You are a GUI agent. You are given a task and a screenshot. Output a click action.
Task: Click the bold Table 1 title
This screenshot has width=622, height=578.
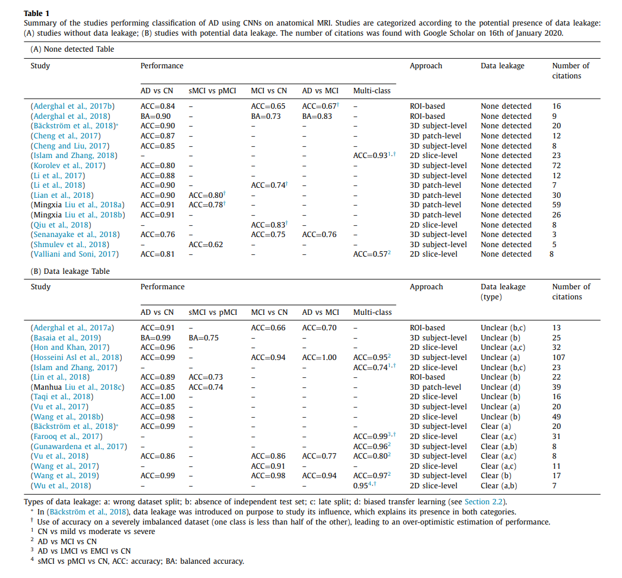click(37, 12)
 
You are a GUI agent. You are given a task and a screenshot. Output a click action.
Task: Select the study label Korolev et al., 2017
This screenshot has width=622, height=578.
click(67, 166)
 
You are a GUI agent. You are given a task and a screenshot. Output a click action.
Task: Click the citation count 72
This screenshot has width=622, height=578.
click(556, 166)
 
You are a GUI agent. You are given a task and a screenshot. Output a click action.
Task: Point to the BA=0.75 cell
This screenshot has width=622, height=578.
click(204, 337)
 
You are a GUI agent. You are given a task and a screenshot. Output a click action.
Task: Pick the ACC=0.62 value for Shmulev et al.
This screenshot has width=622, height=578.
click(207, 245)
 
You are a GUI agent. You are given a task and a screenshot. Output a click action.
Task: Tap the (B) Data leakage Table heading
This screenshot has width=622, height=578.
click(70, 271)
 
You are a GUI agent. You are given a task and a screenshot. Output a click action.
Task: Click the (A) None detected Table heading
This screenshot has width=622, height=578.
click(72, 49)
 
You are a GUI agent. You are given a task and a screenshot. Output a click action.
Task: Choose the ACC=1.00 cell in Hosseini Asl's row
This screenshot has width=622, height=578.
click(319, 358)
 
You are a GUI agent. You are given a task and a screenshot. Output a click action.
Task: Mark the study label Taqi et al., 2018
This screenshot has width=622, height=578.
click(62, 397)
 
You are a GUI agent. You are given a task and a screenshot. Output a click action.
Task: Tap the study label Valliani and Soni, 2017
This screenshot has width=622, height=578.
click(74, 254)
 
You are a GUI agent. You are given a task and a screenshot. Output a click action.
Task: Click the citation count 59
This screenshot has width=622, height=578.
click(556, 205)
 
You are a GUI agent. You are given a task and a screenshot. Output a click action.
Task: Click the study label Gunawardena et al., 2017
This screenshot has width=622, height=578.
click(78, 447)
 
